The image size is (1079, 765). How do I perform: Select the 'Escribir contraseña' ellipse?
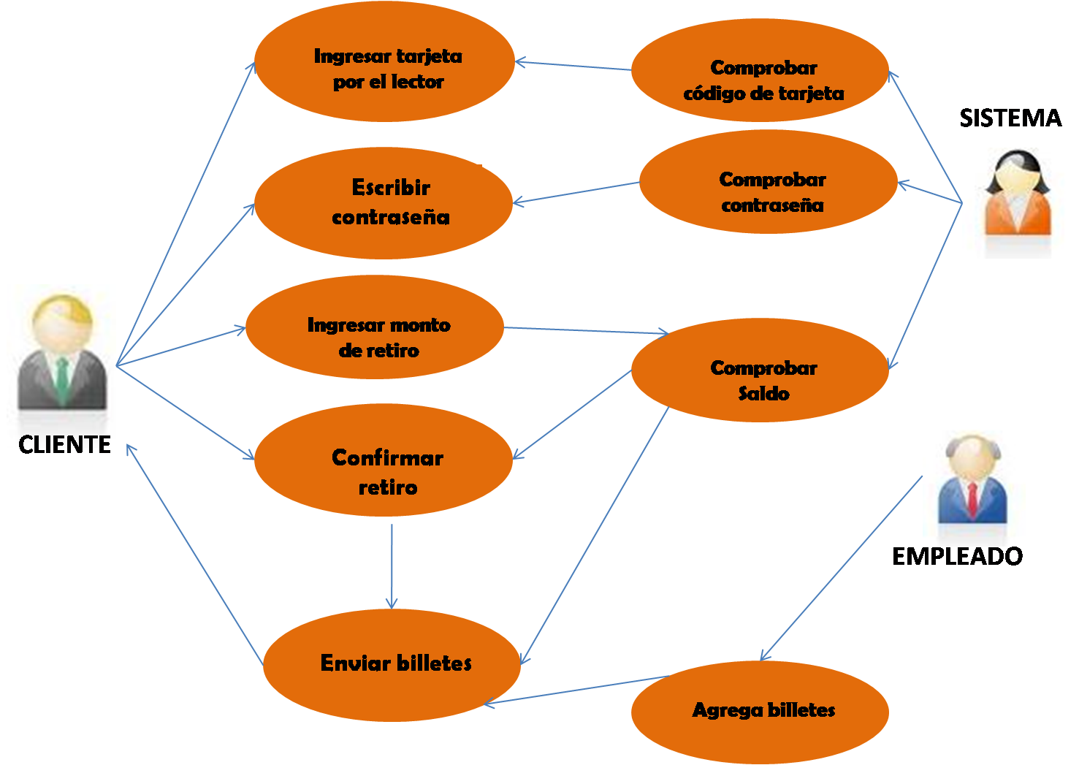click(x=384, y=202)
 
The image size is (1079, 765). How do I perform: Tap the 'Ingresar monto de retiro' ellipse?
click(x=375, y=329)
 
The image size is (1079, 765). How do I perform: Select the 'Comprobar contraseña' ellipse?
click(x=769, y=183)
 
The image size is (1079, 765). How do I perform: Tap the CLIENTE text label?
click(x=64, y=444)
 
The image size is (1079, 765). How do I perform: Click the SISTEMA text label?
click(x=1010, y=118)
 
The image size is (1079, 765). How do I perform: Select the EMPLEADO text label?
click(x=957, y=557)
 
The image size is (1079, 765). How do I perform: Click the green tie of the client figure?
click(x=63, y=380)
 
